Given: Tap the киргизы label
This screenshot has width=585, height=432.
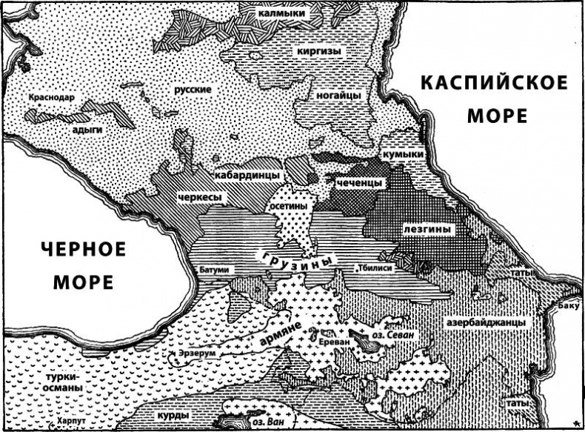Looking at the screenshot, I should (320, 51).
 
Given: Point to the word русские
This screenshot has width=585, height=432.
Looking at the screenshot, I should (193, 90).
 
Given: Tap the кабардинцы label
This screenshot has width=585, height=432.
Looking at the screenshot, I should (247, 175).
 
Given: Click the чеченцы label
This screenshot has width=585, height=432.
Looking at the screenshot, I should (359, 182).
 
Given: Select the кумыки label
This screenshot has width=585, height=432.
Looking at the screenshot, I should (404, 153).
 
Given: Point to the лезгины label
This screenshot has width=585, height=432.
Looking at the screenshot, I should (427, 230).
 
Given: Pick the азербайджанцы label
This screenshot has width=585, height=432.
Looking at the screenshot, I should (486, 323).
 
